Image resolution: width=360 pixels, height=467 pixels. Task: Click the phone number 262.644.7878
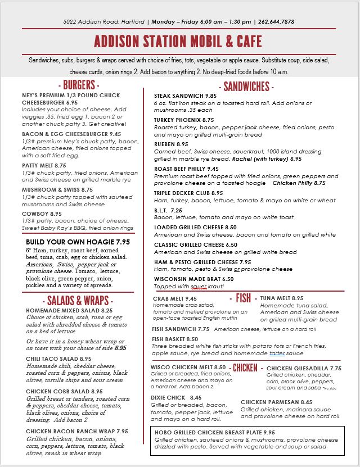click(276, 22)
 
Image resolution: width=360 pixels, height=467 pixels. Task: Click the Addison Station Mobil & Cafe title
click(178, 42)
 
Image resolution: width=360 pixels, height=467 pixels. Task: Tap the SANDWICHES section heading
click(246, 87)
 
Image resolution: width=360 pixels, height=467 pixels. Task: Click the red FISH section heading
click(244, 298)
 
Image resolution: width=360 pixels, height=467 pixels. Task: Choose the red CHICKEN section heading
click(245, 368)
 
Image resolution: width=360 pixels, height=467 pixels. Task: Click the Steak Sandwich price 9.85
click(211, 96)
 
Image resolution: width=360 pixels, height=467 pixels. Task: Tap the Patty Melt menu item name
click(38, 166)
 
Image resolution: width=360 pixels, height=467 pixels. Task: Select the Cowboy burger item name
click(35, 214)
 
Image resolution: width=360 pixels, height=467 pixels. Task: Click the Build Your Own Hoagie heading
click(70, 241)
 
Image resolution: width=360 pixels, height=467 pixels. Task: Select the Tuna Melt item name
click(275, 298)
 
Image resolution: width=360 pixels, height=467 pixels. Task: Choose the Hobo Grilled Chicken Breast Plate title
click(207, 432)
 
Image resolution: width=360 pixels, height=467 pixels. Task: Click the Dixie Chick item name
click(167, 397)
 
